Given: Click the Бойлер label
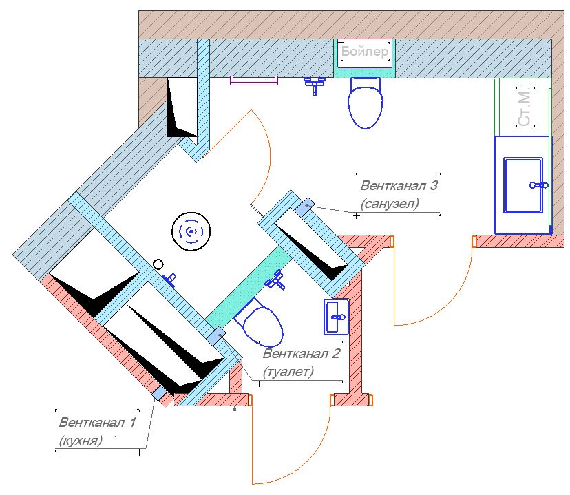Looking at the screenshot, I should click(365, 52).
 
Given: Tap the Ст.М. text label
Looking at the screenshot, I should click(525, 107).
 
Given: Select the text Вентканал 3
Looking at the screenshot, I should click(399, 185).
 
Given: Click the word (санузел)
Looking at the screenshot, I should click(389, 204).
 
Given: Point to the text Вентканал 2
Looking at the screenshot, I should click(302, 354).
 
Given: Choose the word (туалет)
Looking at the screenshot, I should click(288, 372).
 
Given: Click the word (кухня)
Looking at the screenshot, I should click(81, 440).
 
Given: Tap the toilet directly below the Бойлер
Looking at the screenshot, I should click(365, 103).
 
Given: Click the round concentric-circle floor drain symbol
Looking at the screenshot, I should click(191, 231).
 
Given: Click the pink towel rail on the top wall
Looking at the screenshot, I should click(254, 81).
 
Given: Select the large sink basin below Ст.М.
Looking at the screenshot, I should click(523, 185).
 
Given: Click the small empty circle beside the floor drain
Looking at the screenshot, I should click(158, 264).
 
